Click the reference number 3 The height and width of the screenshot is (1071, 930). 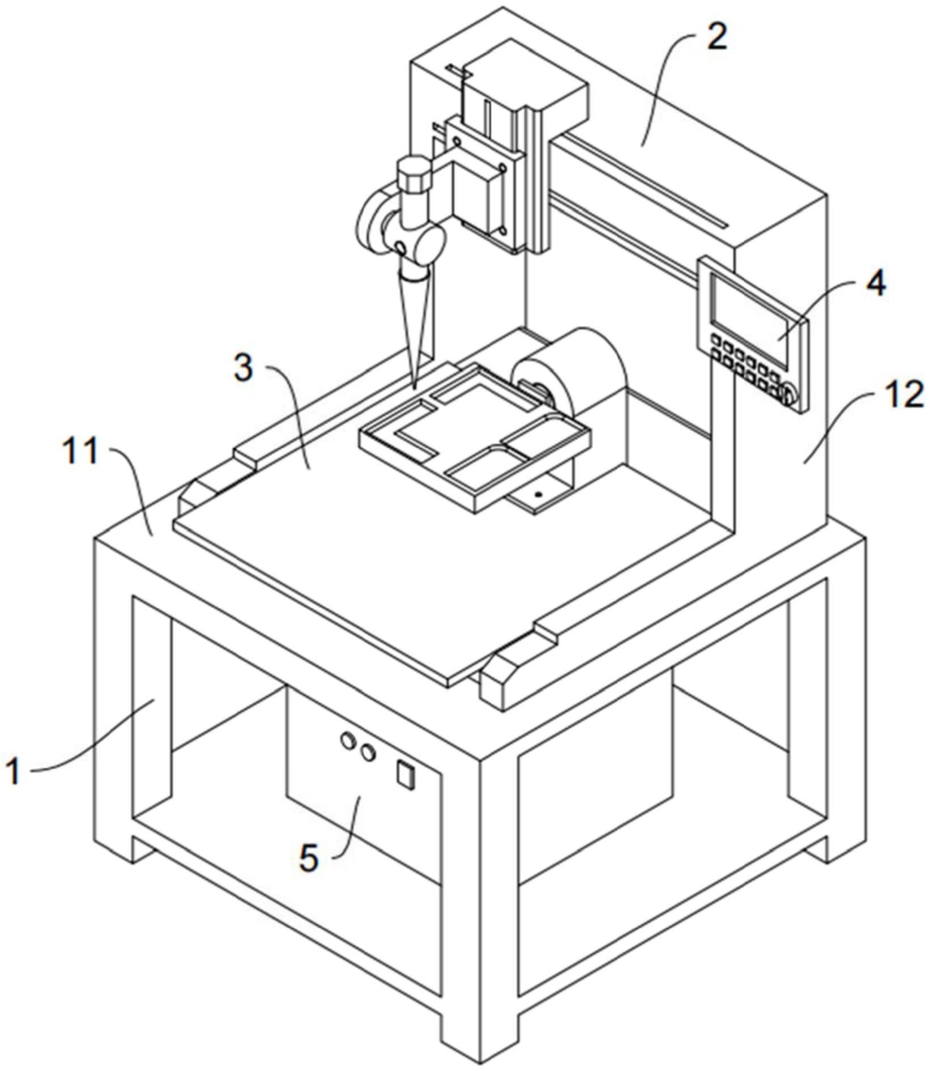[244, 369]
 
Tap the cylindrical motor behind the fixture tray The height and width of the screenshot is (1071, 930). [572, 368]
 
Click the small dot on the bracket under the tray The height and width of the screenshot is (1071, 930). [538, 494]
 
